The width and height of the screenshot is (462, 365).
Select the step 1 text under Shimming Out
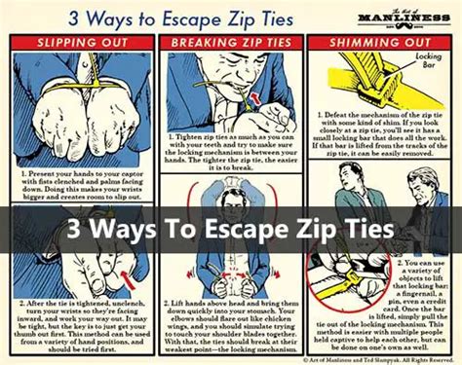pyautogui.click(x=382, y=151)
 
